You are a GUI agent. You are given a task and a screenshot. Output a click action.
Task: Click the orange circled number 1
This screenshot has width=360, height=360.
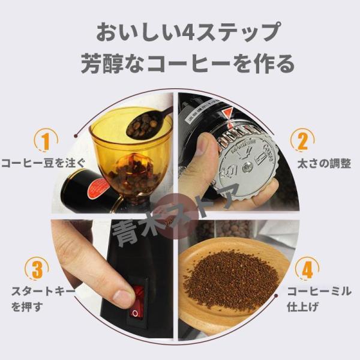pos(44,140)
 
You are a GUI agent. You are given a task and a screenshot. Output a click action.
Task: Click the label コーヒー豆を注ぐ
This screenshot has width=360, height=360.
pos(43,163)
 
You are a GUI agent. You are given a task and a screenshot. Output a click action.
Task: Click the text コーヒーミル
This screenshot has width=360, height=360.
pos(316,292)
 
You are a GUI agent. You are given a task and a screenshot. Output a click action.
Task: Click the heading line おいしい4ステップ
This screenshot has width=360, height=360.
pos(179,31)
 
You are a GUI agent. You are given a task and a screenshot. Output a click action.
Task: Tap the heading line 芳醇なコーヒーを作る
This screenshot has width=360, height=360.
pos(179,62)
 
